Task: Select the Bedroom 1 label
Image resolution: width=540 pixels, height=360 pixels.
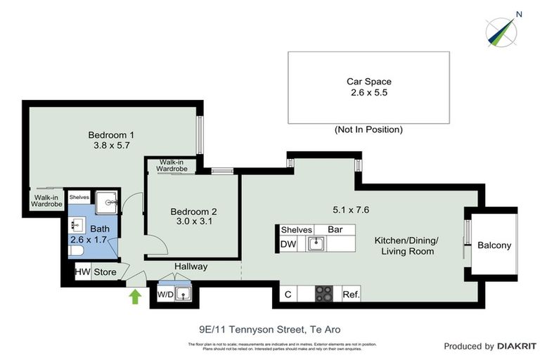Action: (111, 135)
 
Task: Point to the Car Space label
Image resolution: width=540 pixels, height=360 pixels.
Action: (368, 81)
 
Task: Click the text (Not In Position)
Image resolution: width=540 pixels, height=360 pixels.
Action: (368, 129)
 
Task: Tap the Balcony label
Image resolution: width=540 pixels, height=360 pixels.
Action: (494, 245)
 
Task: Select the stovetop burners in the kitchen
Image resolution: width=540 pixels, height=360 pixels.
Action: (324, 294)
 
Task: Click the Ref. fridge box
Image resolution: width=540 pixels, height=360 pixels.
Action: (350, 295)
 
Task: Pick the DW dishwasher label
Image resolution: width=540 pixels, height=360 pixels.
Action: (288, 244)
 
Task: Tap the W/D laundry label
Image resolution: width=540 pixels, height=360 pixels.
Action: (165, 294)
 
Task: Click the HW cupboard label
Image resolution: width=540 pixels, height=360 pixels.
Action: (82, 272)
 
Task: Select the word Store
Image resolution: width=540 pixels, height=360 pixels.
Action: (105, 272)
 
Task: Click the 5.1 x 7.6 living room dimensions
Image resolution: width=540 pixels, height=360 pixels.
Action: (351, 209)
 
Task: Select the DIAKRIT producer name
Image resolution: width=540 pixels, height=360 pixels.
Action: (517, 346)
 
